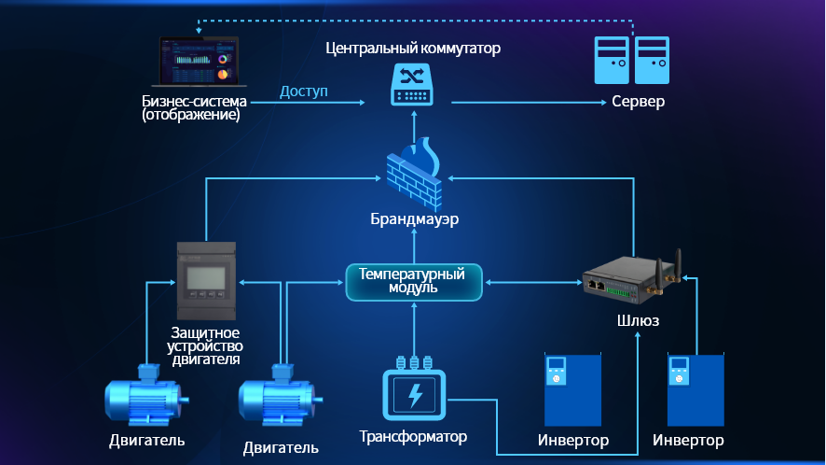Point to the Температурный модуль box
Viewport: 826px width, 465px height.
413,281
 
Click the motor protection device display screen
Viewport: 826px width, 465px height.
202,277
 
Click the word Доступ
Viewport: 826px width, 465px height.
303,92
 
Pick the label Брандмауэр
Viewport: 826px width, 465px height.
414,220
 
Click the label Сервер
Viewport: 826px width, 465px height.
638,101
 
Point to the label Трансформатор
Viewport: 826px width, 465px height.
413,436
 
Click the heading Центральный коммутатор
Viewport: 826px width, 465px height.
413,47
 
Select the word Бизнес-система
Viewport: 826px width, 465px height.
195,101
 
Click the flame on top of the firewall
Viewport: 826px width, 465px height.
428,151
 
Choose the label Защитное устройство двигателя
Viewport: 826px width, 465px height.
203,345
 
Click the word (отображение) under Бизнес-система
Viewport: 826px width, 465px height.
191,116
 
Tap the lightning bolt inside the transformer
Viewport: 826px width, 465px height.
414,395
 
